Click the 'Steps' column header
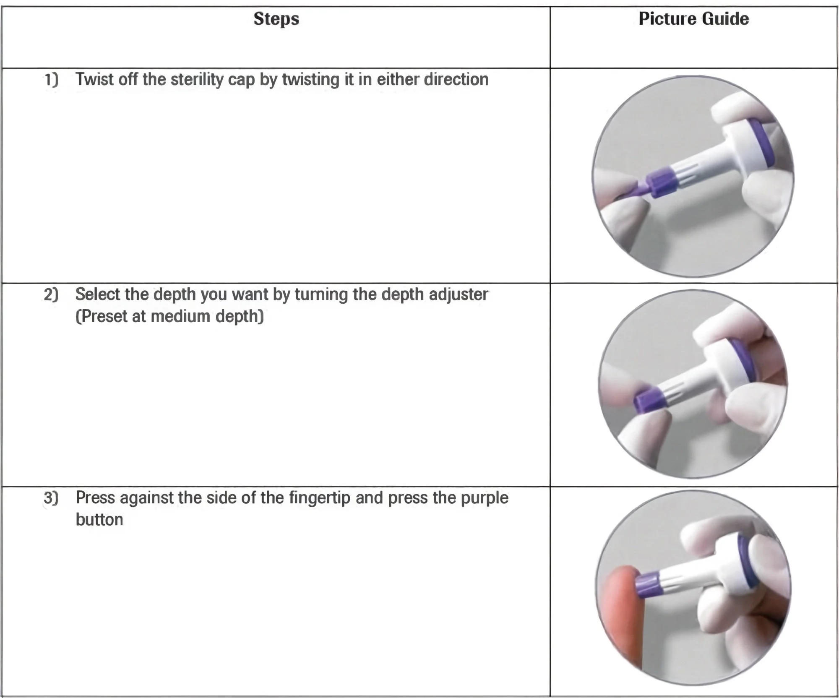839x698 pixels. click(276, 19)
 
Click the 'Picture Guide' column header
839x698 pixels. click(694, 19)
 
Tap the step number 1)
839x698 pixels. click(51, 79)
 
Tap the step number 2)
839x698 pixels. click(51, 294)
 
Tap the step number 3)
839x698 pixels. click(51, 498)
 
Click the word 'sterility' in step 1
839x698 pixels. click(197, 79)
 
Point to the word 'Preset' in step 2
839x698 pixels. click(101, 317)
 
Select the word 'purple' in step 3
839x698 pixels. click(485, 499)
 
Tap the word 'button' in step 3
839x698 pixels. click(99, 520)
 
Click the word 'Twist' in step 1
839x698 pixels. click(94, 79)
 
